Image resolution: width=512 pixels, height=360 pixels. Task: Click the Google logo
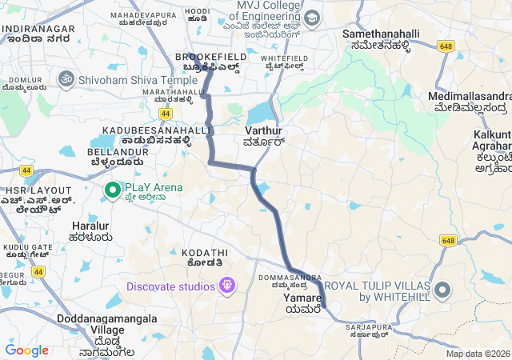pos(26,350)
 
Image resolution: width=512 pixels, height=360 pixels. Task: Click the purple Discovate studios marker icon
pos(228,285)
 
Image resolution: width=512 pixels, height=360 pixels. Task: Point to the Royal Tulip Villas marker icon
pos(442,290)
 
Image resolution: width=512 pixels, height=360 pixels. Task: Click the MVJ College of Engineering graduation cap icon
pos(310,18)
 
